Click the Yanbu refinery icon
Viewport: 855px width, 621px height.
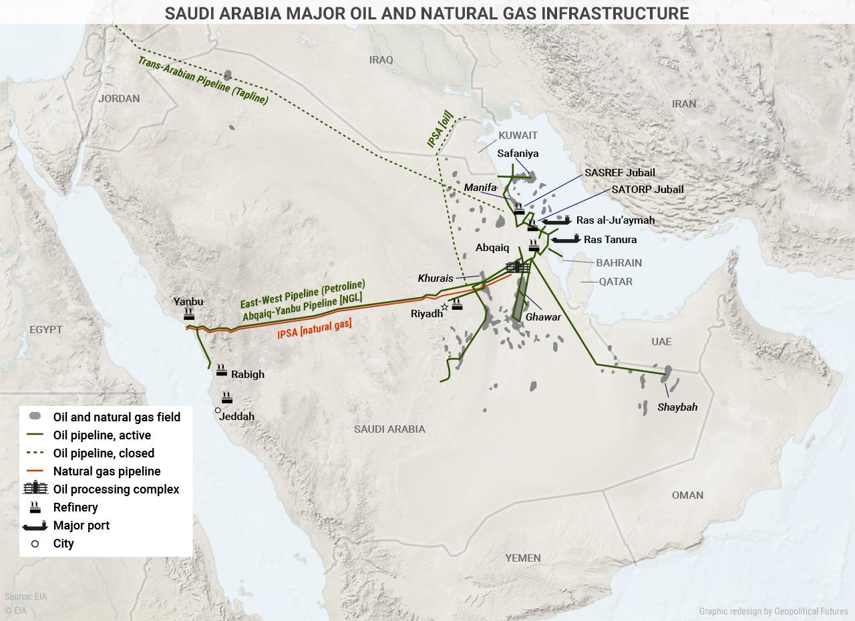tap(188, 314)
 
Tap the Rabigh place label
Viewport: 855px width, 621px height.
tap(247, 375)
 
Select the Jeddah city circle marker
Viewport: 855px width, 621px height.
tap(218, 411)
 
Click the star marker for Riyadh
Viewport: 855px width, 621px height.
tap(445, 307)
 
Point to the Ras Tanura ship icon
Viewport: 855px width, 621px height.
tap(565, 238)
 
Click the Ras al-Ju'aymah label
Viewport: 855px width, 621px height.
tap(615, 220)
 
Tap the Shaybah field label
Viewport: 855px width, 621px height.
tap(677, 407)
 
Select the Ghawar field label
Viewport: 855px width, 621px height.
tap(543, 317)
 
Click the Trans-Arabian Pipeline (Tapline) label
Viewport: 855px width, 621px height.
tap(203, 81)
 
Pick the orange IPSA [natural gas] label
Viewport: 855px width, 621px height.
tap(315, 329)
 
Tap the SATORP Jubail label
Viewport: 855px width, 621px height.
tap(647, 190)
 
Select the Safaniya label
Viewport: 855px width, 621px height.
tap(518, 154)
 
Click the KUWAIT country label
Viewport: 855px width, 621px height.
tap(518, 136)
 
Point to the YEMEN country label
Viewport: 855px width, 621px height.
tap(523, 558)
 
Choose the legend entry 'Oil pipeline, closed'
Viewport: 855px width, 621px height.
tap(104, 453)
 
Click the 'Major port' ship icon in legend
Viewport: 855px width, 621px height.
tap(35, 526)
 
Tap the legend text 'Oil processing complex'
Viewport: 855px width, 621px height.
tap(116, 489)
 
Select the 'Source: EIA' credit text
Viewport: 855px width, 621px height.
tap(25, 597)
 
